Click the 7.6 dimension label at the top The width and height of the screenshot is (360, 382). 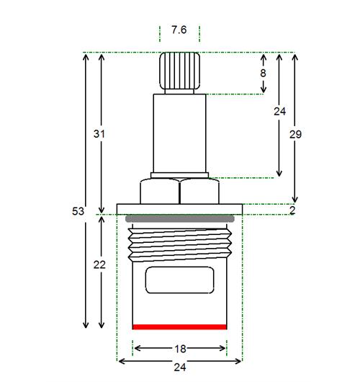pyautogui.click(x=179, y=30)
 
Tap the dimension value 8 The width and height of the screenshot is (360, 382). pyautogui.click(x=263, y=73)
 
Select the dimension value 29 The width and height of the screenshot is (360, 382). pyautogui.click(x=295, y=134)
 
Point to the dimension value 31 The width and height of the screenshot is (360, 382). pyautogui.click(x=99, y=134)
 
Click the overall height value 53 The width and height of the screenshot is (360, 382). pyautogui.click(x=78, y=211)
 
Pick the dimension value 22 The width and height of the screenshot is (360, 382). pyautogui.click(x=99, y=265)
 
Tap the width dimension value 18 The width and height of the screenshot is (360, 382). pyautogui.click(x=180, y=349)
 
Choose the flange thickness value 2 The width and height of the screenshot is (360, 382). pyautogui.click(x=292, y=210)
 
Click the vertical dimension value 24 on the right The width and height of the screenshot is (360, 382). pyautogui.click(x=279, y=112)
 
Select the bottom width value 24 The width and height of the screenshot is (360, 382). pyautogui.click(x=180, y=367)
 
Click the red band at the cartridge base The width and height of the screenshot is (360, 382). pyautogui.click(x=179, y=327)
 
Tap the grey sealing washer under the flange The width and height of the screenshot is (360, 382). pyautogui.click(x=180, y=218)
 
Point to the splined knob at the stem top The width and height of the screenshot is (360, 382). pyautogui.click(x=180, y=71)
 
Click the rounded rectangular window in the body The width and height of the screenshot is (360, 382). pyautogui.click(x=180, y=280)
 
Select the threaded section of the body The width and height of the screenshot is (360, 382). pyautogui.click(x=180, y=244)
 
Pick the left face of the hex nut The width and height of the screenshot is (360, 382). pyautogui.click(x=160, y=191)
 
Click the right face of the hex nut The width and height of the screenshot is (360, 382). pyautogui.click(x=199, y=191)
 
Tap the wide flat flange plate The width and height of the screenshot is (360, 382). pyautogui.click(x=179, y=209)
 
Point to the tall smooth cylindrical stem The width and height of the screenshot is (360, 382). pyautogui.click(x=179, y=133)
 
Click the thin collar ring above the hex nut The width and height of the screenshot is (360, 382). pyautogui.click(x=179, y=175)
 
